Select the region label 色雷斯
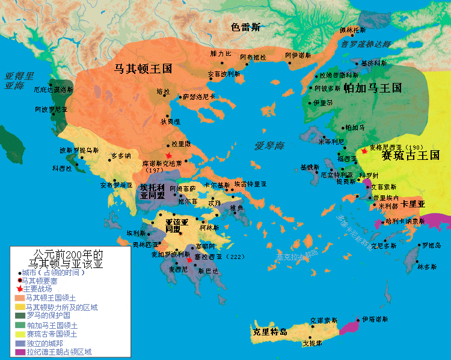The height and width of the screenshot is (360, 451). pos(247,28)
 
